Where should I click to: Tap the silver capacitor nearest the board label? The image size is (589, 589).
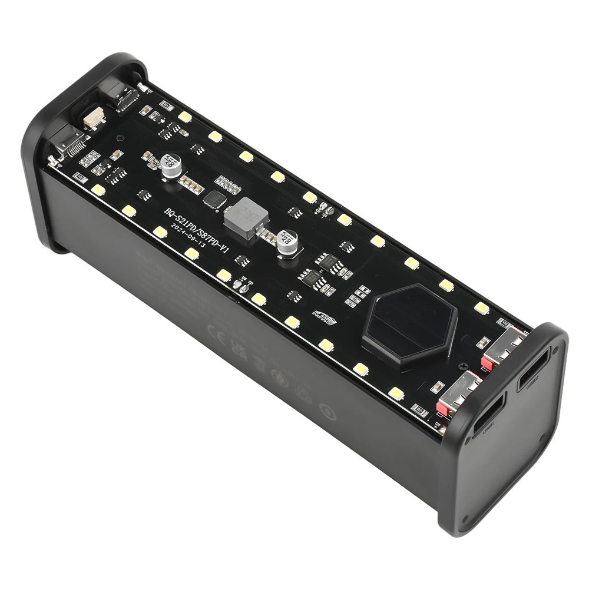(171, 166)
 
